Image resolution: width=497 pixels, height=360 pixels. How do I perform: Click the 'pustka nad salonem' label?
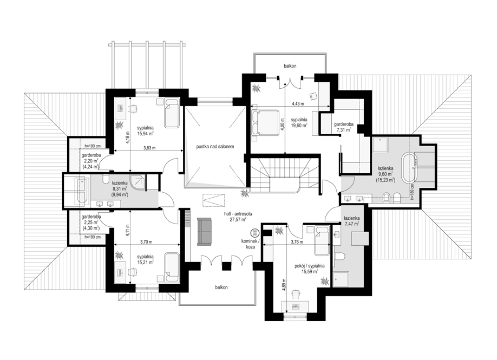click(215, 147)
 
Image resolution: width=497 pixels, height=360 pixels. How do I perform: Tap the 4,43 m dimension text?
click(298, 103)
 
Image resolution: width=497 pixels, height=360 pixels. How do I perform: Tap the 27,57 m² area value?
click(238, 219)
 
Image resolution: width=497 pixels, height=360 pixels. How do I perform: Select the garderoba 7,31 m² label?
click(344, 127)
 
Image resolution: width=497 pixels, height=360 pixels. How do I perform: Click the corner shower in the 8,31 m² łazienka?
click(138, 182)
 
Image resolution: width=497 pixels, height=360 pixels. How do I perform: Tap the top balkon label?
click(290, 66)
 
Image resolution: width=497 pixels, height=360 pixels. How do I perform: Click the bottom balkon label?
click(221, 287)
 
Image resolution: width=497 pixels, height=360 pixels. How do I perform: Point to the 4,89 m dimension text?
click(284, 286)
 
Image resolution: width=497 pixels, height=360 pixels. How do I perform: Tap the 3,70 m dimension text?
click(146, 242)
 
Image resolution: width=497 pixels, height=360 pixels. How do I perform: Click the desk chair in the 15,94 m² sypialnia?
click(134, 108)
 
